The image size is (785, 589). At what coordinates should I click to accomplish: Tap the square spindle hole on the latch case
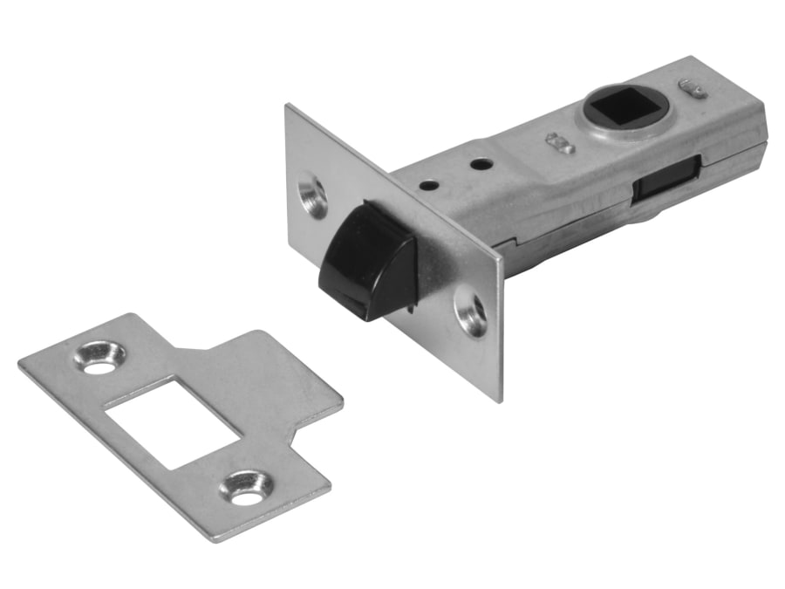[622, 107]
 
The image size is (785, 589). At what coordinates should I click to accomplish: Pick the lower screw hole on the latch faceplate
[472, 315]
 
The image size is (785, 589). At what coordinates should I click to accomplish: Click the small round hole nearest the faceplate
[427, 184]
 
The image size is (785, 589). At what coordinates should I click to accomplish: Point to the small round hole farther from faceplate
[478, 163]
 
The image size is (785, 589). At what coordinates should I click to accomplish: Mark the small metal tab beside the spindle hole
[558, 142]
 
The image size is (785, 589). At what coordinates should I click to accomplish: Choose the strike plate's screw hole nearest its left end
[99, 357]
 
